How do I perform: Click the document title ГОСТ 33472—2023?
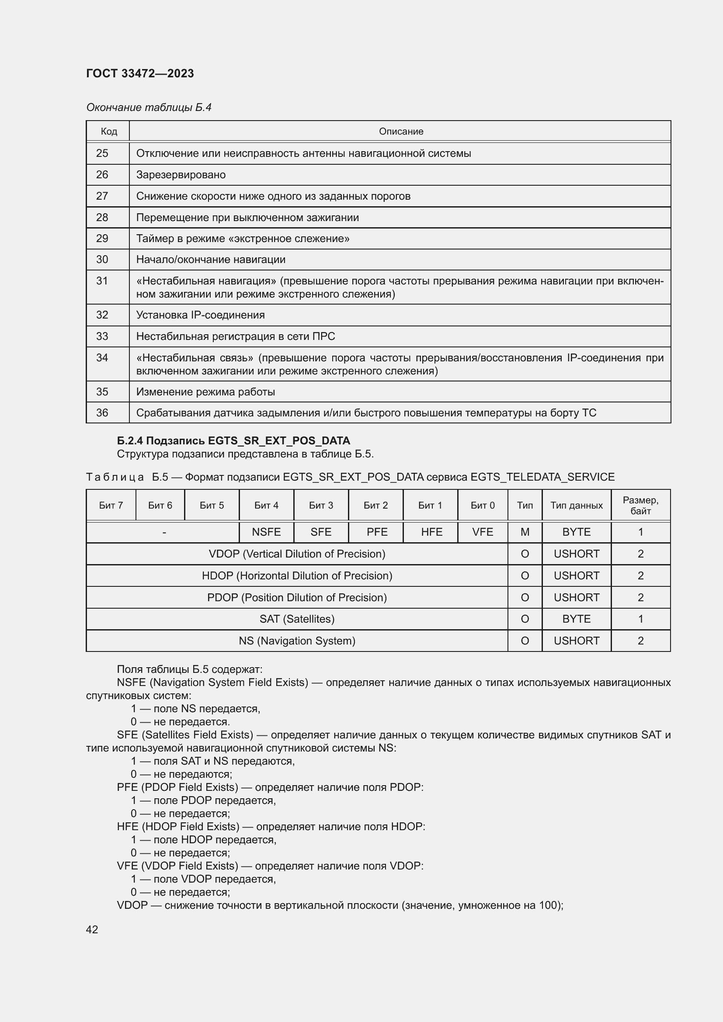(140, 73)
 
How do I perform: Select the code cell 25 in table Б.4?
(102, 153)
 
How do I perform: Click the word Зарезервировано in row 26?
(181, 174)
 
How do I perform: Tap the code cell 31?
(102, 281)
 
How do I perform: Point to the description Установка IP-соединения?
(200, 315)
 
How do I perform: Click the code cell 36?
(102, 412)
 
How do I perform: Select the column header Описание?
(401, 132)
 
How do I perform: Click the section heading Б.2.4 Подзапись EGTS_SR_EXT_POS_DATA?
(233, 441)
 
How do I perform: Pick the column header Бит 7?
(111, 505)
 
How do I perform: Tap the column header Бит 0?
(483, 505)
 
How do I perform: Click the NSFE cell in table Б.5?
(266, 532)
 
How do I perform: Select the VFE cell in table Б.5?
(483, 532)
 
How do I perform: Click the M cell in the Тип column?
(525, 532)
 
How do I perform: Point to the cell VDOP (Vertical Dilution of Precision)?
(297, 554)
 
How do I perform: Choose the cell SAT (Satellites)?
(297, 619)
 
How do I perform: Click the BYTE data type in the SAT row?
(577, 619)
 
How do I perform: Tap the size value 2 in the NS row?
(641, 641)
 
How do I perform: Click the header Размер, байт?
(641, 505)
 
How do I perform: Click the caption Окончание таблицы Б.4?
(149, 107)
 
